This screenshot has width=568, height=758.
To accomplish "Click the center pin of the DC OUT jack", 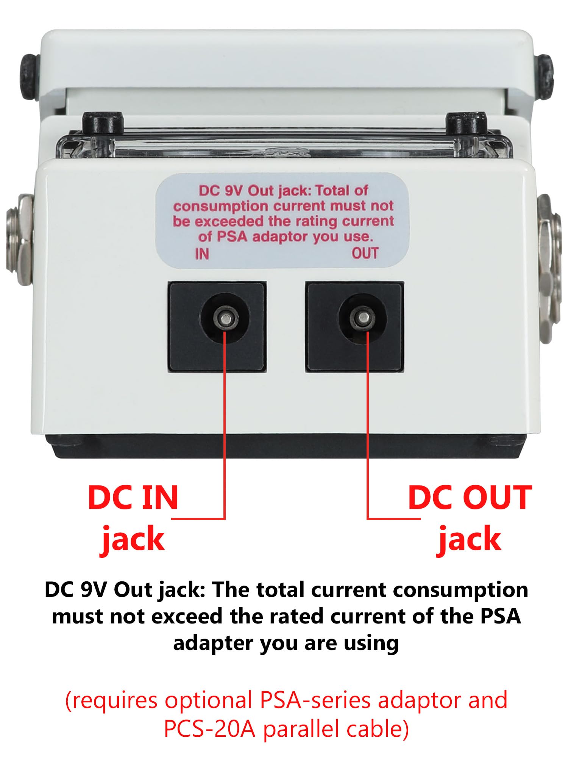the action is pyautogui.click(x=364, y=318).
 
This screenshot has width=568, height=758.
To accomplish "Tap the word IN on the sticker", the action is pyautogui.click(x=202, y=254).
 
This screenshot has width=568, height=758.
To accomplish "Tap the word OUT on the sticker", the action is pyautogui.click(x=365, y=253).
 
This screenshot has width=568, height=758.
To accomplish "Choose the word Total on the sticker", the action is pyautogui.click(x=333, y=190).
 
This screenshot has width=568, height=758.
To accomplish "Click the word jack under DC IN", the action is pyautogui.click(x=133, y=539).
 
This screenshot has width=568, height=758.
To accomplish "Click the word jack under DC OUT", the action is pyautogui.click(x=470, y=539).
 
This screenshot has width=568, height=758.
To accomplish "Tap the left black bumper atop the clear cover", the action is pyautogui.click(x=103, y=123).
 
